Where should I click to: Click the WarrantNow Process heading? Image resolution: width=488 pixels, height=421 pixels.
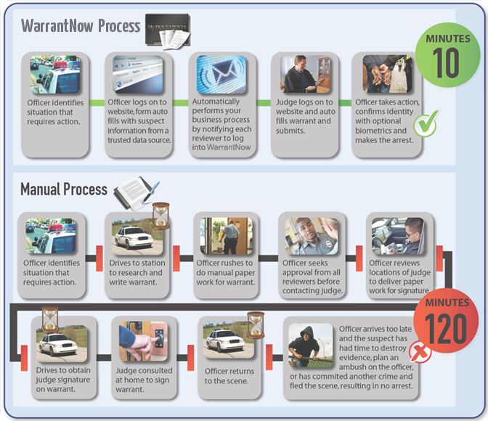pyautogui.click(x=81, y=26)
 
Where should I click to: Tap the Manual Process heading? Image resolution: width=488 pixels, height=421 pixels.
pyautogui.click(x=64, y=190)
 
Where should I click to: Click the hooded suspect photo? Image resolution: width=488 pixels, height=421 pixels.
pyautogui.click(x=311, y=348)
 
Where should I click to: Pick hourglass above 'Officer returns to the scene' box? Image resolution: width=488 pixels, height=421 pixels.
pyautogui.click(x=256, y=322)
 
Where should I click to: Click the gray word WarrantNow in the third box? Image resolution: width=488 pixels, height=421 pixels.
pyautogui.click(x=229, y=147)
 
